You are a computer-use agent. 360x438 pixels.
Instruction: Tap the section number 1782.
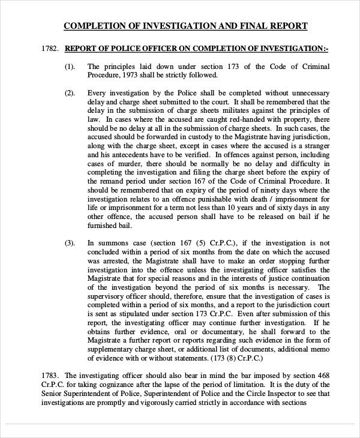click(x=50, y=49)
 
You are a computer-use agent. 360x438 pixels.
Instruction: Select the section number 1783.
click(x=50, y=374)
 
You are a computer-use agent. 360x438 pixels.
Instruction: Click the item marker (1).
click(x=70, y=67)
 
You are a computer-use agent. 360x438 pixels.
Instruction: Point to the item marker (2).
click(x=70, y=93)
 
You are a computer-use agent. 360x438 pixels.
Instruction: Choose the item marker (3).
click(x=70, y=243)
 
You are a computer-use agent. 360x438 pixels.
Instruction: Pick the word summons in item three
click(x=111, y=243)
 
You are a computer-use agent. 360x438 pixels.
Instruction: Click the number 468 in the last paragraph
click(x=323, y=375)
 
